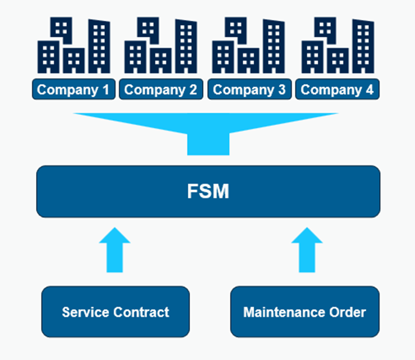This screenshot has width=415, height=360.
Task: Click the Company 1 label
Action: click(73, 90)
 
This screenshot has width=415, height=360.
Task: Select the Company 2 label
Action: click(161, 90)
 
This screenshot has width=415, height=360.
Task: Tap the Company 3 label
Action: click(249, 90)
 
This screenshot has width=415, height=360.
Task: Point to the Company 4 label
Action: click(337, 90)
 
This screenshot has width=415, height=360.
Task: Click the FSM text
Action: click(208, 192)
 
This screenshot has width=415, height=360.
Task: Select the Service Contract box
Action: click(116, 312)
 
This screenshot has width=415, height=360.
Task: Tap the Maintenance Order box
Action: click(305, 312)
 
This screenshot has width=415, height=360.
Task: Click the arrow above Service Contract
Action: click(114, 250)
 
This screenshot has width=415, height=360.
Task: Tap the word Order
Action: click(348, 312)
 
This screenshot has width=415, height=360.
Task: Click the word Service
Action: click(86, 312)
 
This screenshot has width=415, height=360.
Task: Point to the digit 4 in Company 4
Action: click(369, 90)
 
